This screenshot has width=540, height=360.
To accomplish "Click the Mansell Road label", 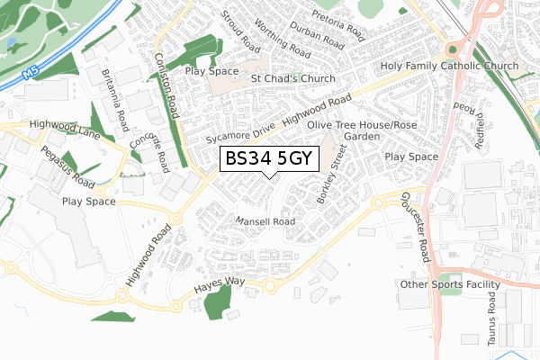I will pos(265,221).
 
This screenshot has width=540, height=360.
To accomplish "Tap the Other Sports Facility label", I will pos(450,285).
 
